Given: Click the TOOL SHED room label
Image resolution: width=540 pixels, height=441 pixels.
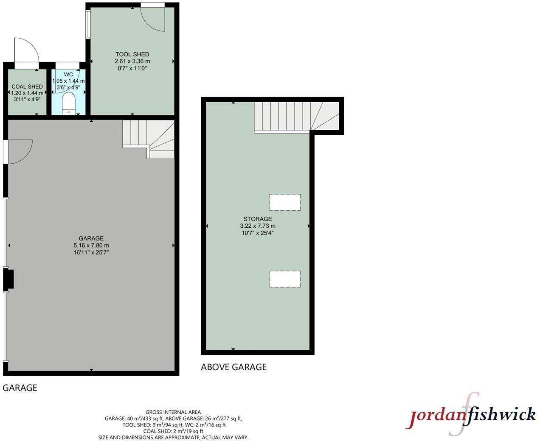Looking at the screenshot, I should (x=132, y=54).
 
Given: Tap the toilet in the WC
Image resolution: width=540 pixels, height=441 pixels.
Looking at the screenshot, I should (x=68, y=103).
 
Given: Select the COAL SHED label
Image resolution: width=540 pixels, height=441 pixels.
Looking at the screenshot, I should (x=27, y=87).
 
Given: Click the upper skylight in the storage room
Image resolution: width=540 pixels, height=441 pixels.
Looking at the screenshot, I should (x=285, y=202).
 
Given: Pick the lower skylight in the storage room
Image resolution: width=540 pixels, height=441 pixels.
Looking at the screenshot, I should (x=285, y=279).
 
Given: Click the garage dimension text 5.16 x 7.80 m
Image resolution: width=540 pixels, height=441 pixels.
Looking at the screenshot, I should (x=91, y=246).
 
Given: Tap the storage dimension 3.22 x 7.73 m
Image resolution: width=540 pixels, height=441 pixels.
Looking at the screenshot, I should (x=258, y=226).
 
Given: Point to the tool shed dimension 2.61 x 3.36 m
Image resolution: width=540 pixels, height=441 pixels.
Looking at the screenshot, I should (x=132, y=61).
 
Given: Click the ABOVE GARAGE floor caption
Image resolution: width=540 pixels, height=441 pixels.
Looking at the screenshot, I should (x=233, y=367).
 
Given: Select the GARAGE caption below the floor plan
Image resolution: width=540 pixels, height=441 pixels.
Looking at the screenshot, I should (x=20, y=388).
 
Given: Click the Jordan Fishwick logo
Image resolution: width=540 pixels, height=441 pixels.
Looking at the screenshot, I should (x=471, y=415).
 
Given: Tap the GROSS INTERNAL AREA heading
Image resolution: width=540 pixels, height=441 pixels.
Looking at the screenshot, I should (x=173, y=412).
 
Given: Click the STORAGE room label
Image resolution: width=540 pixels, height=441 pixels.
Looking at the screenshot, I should (x=258, y=219).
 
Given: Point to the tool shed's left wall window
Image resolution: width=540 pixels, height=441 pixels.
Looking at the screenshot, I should (x=88, y=25).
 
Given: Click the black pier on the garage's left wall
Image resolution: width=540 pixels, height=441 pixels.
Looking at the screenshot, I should (x=8, y=279).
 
